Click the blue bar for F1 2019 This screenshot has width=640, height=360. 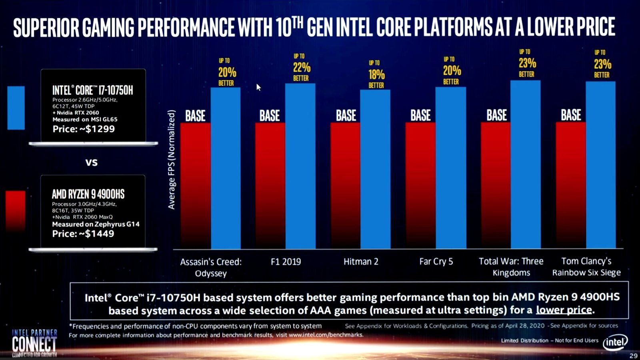point(300,166)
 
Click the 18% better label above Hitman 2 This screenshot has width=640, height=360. point(376,74)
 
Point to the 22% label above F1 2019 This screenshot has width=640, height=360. point(301,67)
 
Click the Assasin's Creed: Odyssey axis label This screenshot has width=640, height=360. point(211,268)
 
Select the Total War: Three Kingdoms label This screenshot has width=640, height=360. point(511,267)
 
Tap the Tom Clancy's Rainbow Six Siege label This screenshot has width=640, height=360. point(586,267)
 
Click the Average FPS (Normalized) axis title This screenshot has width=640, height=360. point(172,160)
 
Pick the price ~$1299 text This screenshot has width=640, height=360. point(84,129)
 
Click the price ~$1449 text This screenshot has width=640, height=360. point(83,234)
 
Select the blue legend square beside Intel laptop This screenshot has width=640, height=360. point(16,108)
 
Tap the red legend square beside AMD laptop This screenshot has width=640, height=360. point(16,210)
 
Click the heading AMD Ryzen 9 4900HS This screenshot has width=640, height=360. point(88,194)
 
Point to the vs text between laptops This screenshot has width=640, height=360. point(92,162)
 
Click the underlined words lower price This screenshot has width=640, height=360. point(564,310)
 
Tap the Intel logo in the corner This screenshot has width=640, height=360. point(615,342)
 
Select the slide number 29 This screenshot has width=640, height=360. point(633,356)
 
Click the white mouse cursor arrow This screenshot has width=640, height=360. point(258,87)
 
